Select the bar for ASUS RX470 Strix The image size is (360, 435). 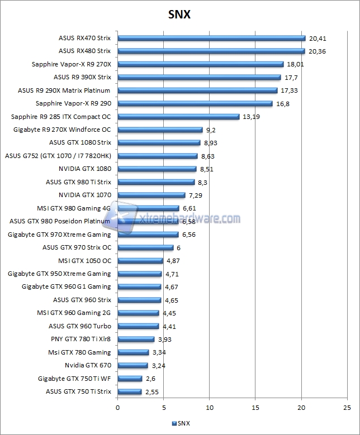[x=211, y=39]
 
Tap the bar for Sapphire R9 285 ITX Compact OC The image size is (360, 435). [x=178, y=117]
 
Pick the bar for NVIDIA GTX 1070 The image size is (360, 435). [x=151, y=195]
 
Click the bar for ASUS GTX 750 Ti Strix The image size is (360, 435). [x=129, y=392]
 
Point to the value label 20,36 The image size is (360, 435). [x=317, y=51]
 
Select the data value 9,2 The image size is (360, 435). [x=211, y=130]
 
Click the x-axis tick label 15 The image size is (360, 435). [x=255, y=408]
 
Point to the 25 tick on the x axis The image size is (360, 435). [x=347, y=408]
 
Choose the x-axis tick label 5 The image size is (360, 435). [x=163, y=408]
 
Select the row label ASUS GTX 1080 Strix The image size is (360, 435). [x=80, y=143]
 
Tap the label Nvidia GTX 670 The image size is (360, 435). [x=88, y=366]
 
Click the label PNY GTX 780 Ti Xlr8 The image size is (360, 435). [x=81, y=340]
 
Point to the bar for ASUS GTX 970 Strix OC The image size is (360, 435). [x=145, y=248]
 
